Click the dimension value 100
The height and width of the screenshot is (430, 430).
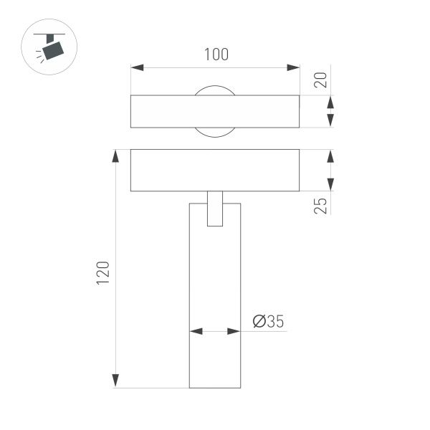[x=214, y=54]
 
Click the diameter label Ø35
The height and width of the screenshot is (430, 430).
[x=268, y=322]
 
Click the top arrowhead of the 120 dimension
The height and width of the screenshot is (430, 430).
[x=115, y=156]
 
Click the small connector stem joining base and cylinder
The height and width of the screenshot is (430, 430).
[x=214, y=209]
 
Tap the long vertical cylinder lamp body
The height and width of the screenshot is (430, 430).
[x=214, y=301]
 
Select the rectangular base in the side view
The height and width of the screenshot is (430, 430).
[x=214, y=170]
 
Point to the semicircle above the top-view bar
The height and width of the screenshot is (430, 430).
[x=214, y=90]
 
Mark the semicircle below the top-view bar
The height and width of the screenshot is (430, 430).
[x=214, y=132]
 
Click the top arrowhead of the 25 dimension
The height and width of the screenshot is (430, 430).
[x=330, y=156]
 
